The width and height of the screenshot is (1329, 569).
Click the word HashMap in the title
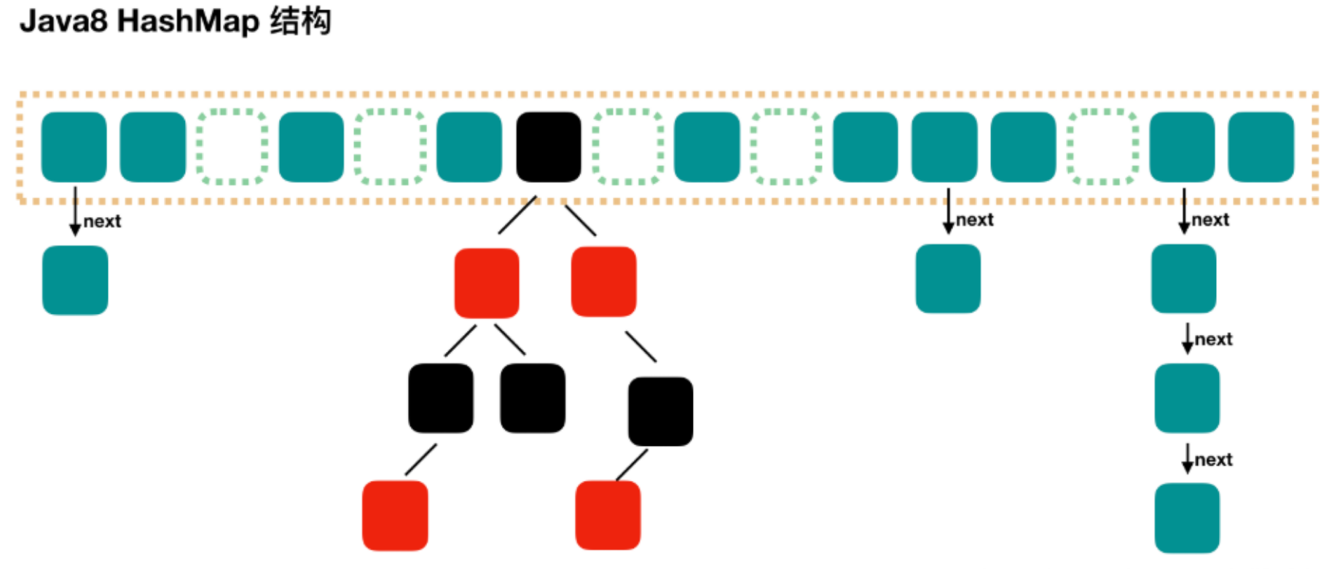click(188, 21)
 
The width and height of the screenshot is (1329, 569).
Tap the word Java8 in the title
click(63, 21)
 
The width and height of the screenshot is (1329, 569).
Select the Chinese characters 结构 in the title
click(300, 21)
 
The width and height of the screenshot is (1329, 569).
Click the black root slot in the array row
click(549, 146)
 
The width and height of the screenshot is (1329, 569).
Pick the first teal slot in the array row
click(74, 146)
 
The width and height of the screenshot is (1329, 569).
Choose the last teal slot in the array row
click(1261, 146)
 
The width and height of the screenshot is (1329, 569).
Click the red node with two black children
click(487, 283)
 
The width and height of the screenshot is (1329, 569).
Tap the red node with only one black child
click(603, 282)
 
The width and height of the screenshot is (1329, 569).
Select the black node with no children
click(533, 398)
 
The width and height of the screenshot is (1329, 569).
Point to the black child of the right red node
click(660, 411)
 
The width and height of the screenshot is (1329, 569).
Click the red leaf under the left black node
click(395, 515)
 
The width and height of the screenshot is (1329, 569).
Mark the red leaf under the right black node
click(608, 514)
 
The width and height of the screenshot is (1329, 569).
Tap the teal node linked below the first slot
click(75, 280)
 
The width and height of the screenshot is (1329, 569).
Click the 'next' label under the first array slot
click(102, 221)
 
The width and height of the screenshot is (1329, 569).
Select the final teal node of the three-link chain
click(1187, 517)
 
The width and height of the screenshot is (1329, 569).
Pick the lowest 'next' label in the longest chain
click(1214, 460)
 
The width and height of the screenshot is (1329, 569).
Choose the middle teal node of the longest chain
click(1187, 398)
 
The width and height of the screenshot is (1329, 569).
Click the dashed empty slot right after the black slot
click(628, 146)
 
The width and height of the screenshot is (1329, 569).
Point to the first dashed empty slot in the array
click(232, 146)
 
